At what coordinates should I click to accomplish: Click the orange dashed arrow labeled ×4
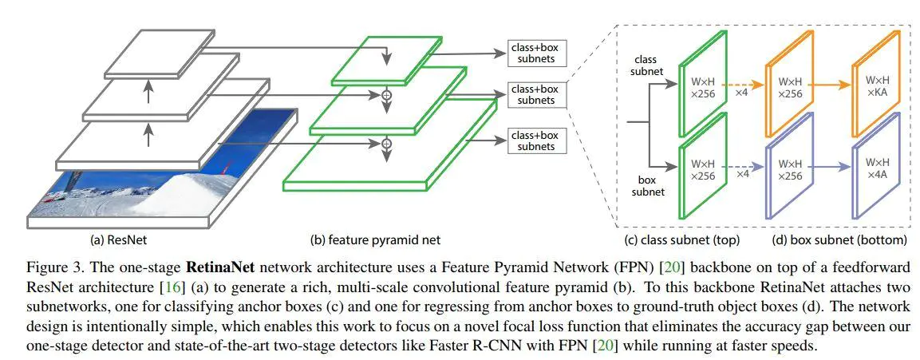741,84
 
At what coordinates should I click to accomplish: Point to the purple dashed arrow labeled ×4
741,167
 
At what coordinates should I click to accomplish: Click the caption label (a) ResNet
118,239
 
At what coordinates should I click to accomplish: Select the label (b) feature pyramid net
375,239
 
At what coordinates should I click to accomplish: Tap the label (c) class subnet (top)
681,239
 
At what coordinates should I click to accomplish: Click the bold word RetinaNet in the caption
220,267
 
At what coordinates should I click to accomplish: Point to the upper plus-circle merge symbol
386,94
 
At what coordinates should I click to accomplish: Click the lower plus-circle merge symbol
386,143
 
